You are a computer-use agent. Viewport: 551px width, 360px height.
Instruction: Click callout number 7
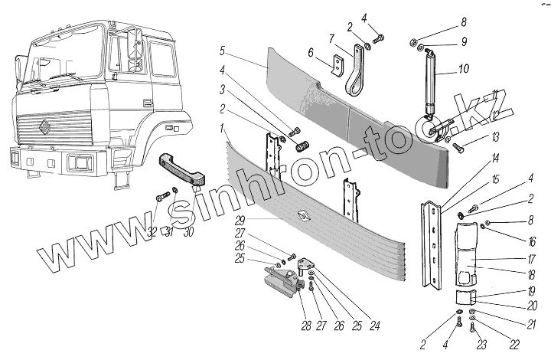(x=331, y=38)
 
